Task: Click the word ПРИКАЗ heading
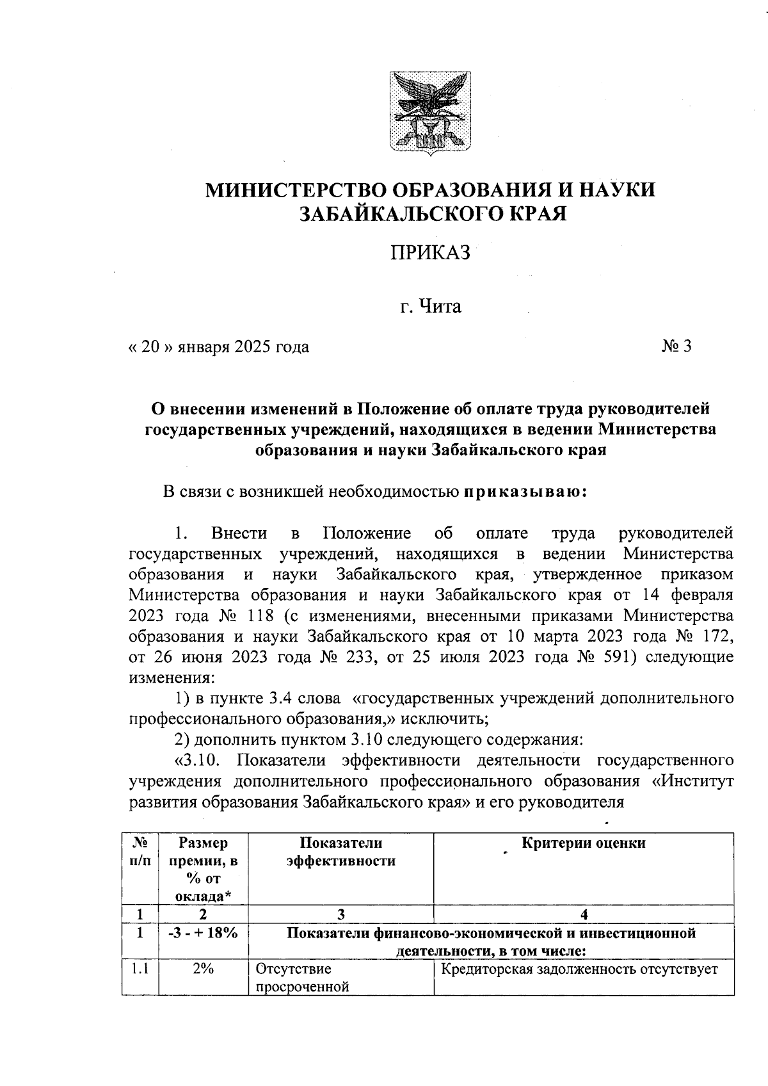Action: tap(430, 253)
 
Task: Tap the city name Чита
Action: tap(440, 307)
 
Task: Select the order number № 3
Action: tap(676, 346)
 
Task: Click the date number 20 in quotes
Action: tap(149, 347)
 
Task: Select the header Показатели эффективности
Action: tap(340, 852)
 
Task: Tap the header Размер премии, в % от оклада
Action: tap(203, 868)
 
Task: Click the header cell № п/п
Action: tap(140, 852)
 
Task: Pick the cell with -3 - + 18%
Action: tap(203, 933)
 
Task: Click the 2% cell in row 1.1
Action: tap(203, 969)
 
